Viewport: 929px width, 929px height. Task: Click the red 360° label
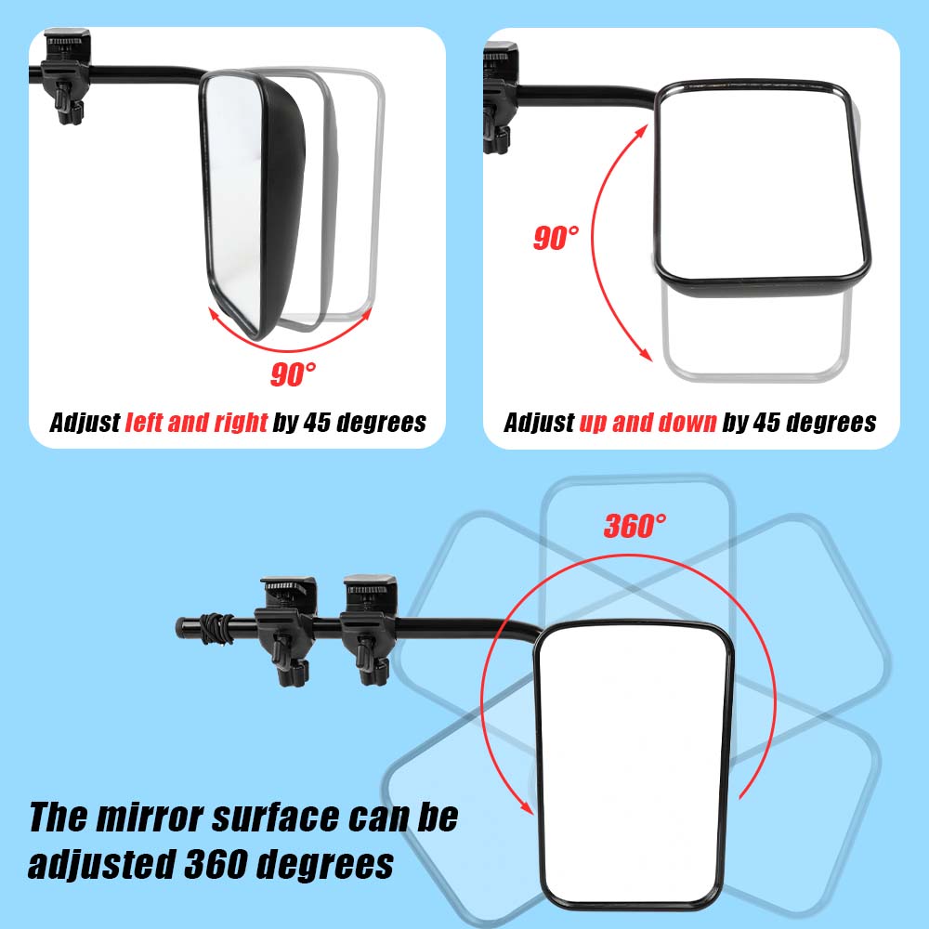point(635,527)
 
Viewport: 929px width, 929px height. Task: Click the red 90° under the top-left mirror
point(294,374)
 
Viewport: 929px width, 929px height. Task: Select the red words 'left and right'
point(196,423)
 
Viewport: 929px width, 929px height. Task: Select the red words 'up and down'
point(648,423)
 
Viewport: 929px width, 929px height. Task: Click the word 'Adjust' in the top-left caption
point(85,423)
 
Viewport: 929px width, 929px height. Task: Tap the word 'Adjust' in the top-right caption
point(539,423)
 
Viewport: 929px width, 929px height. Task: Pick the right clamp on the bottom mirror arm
point(369,618)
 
